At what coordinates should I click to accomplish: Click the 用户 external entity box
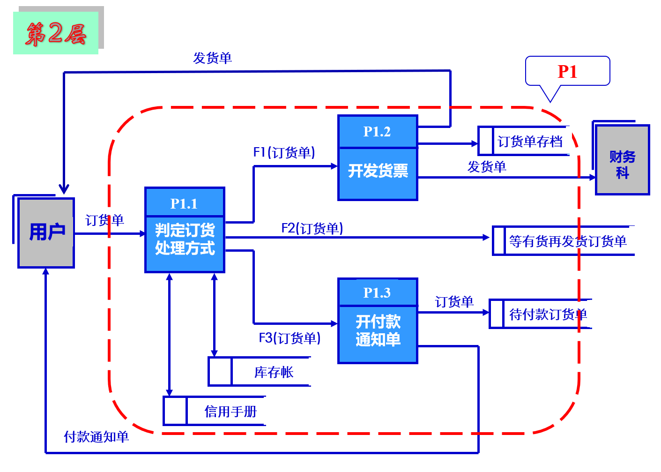coord(46,232)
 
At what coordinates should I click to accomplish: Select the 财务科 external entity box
coord(622,160)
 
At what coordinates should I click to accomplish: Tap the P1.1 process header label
coord(184,203)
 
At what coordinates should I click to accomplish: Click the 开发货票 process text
coord(378,171)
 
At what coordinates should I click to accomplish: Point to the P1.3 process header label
coord(377,292)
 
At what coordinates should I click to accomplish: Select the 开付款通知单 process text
coord(378,330)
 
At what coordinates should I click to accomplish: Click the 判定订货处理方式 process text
coord(185,239)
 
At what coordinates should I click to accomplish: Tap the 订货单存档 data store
coord(529,141)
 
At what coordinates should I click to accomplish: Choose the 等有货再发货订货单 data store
coord(567,241)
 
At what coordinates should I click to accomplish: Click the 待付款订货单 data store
coord(548,314)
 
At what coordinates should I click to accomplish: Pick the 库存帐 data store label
coord(274,372)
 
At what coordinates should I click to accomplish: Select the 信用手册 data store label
coord(230,412)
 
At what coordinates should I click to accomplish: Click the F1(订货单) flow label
coord(284,152)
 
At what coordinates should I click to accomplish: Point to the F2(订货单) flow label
coord(312,228)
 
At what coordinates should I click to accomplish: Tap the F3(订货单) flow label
coord(290,338)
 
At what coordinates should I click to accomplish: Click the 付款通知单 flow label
coord(96,437)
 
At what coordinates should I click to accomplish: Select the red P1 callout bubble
coord(567,72)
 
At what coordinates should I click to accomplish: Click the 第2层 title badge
coord(56,33)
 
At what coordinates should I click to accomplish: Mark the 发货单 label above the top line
coord(212,58)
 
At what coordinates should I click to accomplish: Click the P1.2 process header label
coord(377,132)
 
